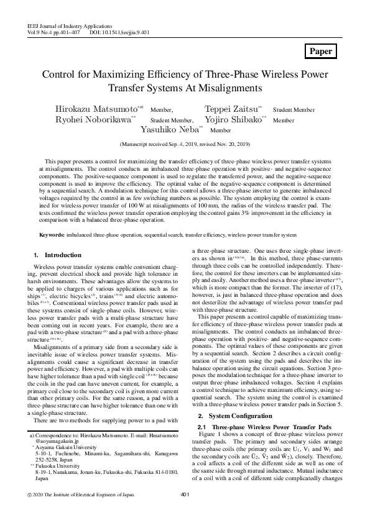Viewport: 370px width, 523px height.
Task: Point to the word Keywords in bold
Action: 52,235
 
